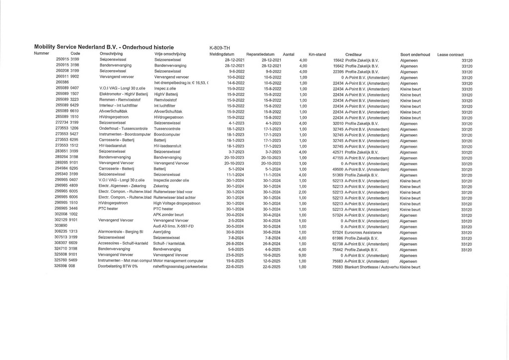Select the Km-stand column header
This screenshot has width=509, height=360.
[x=317, y=54]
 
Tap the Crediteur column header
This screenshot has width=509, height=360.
[x=353, y=54]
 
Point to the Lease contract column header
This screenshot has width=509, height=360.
[x=450, y=54]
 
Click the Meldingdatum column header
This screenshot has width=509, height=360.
[x=222, y=54]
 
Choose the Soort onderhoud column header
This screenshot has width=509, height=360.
[x=415, y=54]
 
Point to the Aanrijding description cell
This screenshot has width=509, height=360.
[x=164, y=232]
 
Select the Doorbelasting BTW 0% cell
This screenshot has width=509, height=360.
[x=118, y=267]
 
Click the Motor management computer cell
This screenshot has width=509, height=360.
[x=178, y=261]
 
